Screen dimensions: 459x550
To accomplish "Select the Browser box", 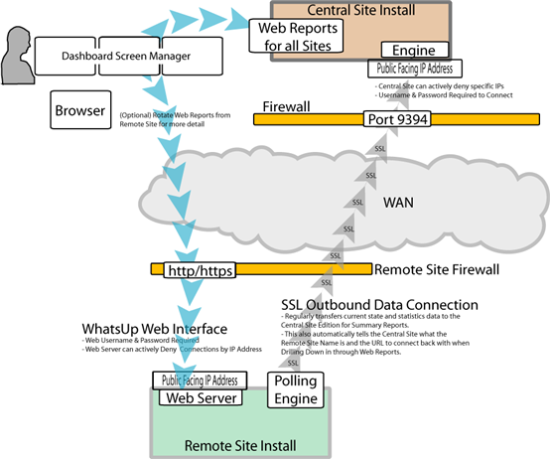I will point(77,112).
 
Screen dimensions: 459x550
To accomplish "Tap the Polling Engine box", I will point(296,389).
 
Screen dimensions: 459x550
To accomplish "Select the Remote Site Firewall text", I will point(433,269).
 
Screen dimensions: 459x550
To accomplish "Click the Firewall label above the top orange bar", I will point(287,105).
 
